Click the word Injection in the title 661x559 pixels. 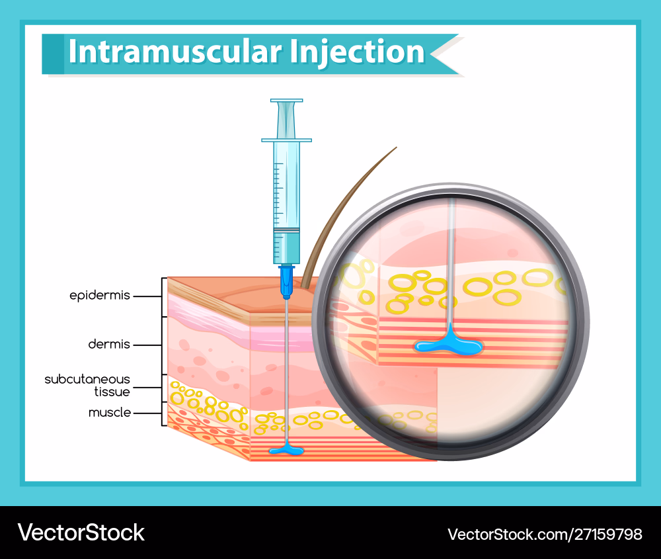[x=357, y=52]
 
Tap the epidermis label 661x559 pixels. [x=100, y=296]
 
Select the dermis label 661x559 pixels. [x=110, y=345]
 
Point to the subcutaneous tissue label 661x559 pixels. [x=87, y=385]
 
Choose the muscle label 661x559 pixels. [x=110, y=413]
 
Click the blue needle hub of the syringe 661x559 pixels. [x=286, y=280]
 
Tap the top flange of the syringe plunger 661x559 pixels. [x=286, y=101]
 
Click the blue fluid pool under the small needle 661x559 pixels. [x=286, y=451]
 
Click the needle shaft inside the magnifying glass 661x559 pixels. [x=451, y=265]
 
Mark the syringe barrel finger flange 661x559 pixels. [x=286, y=140]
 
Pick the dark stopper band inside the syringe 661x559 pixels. [x=286, y=230]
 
